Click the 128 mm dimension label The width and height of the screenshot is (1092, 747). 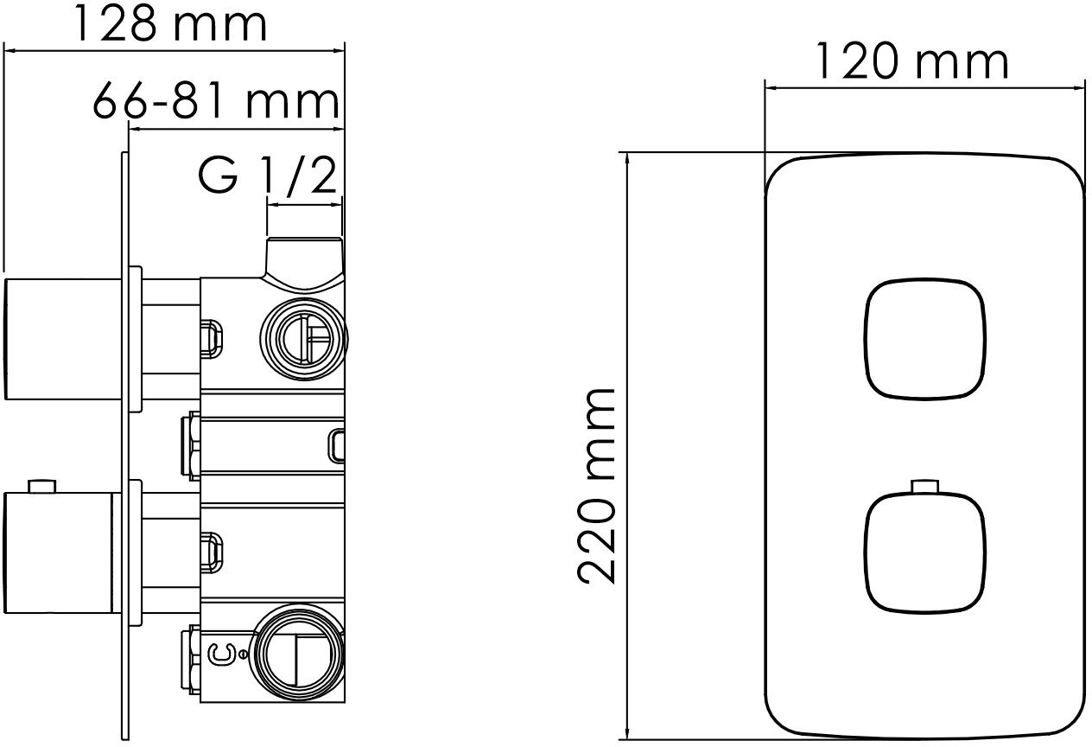tap(168, 24)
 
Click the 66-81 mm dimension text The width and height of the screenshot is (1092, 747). tap(214, 101)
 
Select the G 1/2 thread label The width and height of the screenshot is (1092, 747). tap(265, 176)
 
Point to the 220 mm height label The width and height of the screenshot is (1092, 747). tap(598, 486)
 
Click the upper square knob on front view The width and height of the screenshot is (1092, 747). tap(924, 340)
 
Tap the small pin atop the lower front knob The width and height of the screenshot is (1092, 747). tap(924, 485)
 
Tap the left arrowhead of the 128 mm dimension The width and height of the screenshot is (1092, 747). tap(12, 51)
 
